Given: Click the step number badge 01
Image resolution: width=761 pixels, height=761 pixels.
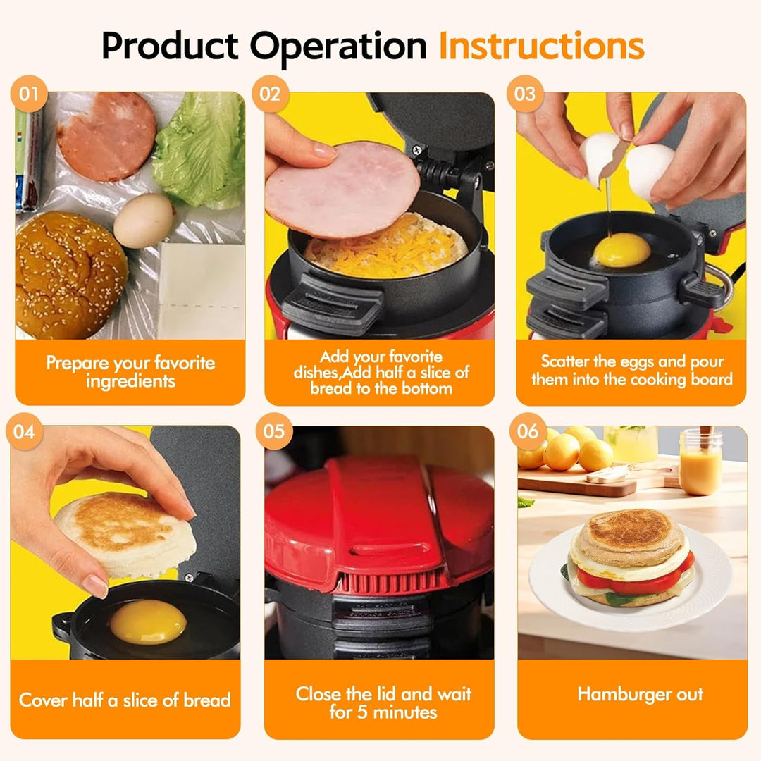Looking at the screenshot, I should pos(29,94).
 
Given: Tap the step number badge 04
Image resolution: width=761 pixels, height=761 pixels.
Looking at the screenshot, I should pos(24,431).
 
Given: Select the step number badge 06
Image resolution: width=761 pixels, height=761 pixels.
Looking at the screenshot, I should pos(528,431).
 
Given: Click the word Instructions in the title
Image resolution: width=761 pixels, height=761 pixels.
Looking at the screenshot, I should pos(541,46).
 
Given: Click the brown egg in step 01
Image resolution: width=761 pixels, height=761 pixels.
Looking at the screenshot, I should pos(144,221).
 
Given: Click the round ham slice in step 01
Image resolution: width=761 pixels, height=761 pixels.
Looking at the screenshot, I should pos(106,136).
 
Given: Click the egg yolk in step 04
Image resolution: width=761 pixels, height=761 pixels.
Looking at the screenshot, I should pos(148,621).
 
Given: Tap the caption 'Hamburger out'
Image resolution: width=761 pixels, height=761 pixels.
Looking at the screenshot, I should pos(640,694).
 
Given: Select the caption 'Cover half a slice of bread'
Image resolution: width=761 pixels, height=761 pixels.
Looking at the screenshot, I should pos(125,700).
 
